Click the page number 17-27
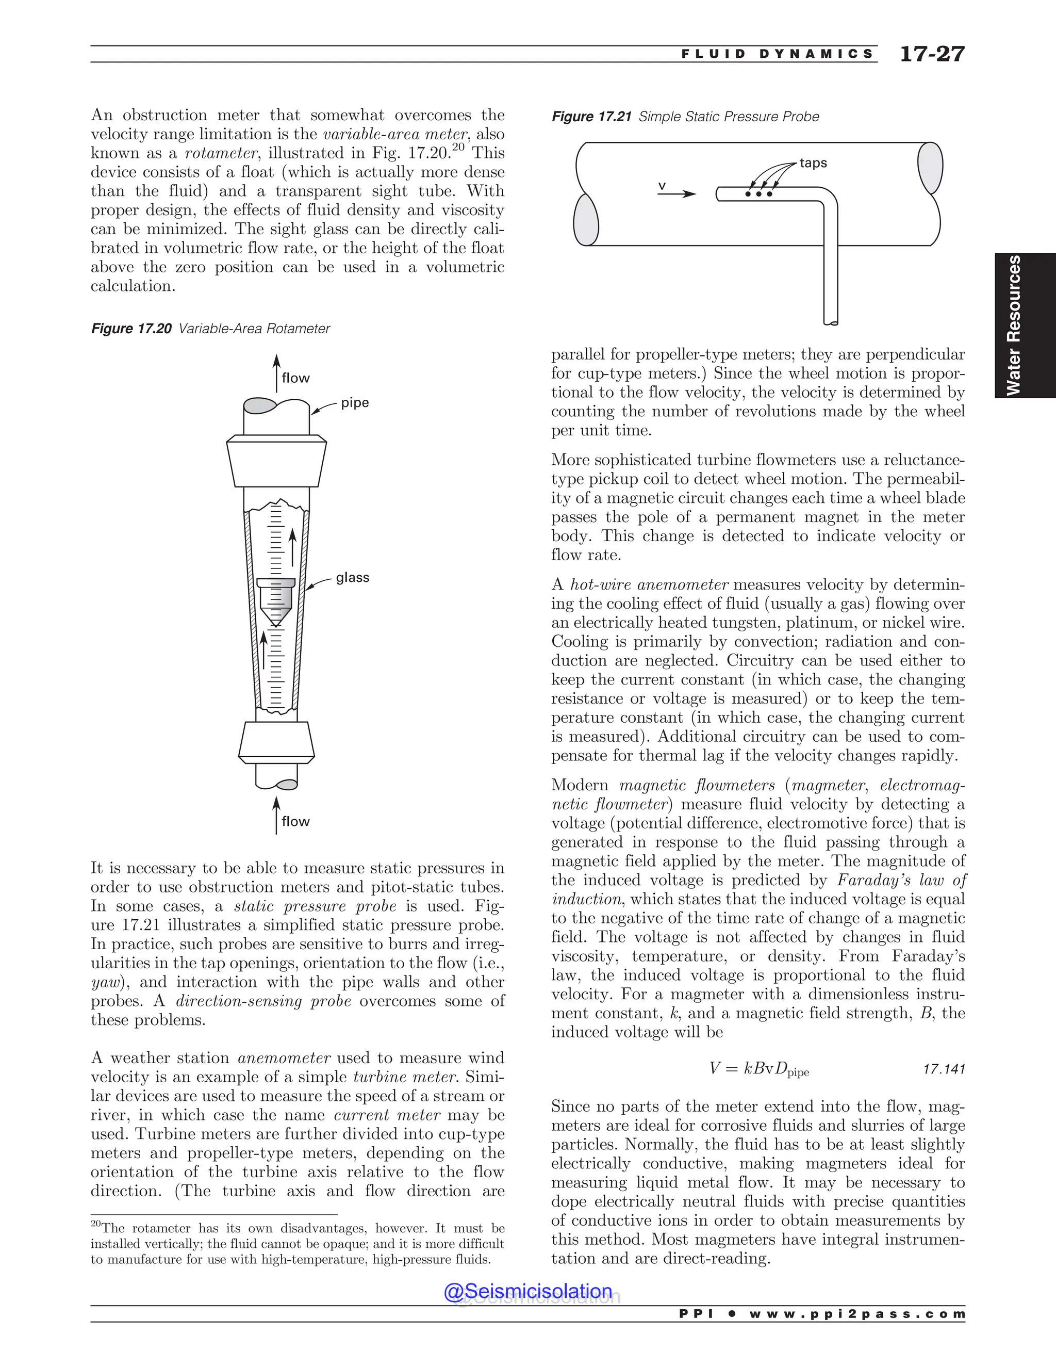click(932, 55)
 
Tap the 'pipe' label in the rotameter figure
click(355, 403)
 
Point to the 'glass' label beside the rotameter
click(352, 578)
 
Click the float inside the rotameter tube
click(275, 599)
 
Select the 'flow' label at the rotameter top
click(295, 378)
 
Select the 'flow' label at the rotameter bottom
click(295, 822)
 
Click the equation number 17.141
click(944, 1069)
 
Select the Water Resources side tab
click(1024, 326)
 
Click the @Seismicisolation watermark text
click(527, 1291)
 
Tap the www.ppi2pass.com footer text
click(856, 1314)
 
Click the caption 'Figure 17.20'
click(131, 329)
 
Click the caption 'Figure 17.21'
click(591, 117)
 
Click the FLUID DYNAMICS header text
click(777, 55)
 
